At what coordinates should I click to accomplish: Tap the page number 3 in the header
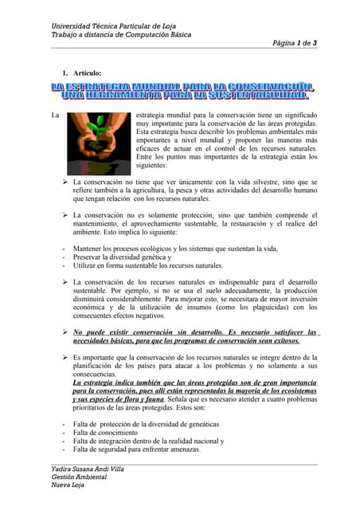[315, 42]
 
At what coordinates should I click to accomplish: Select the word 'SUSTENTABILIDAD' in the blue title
[253, 96]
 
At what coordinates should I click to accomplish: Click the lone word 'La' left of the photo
[55, 116]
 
